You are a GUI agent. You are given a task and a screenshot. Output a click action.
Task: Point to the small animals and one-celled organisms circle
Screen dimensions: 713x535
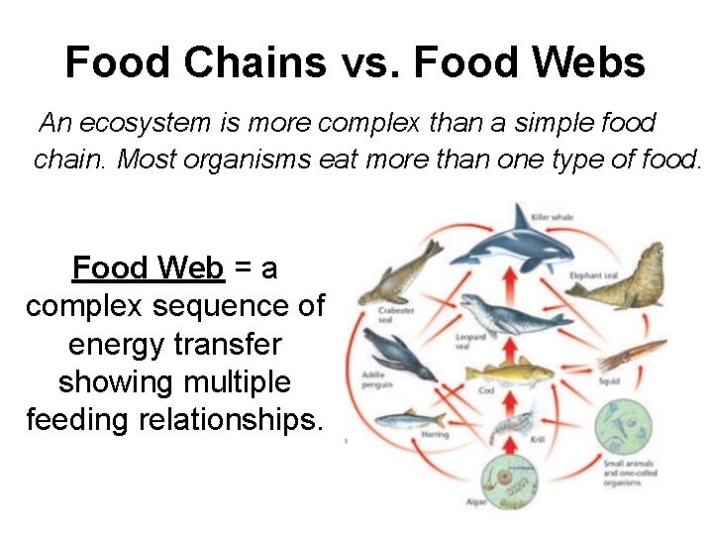(622, 426)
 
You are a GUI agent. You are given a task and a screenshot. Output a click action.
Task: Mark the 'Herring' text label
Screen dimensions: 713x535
(435, 435)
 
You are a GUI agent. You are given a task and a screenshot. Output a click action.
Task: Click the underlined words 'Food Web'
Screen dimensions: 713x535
(149, 267)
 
